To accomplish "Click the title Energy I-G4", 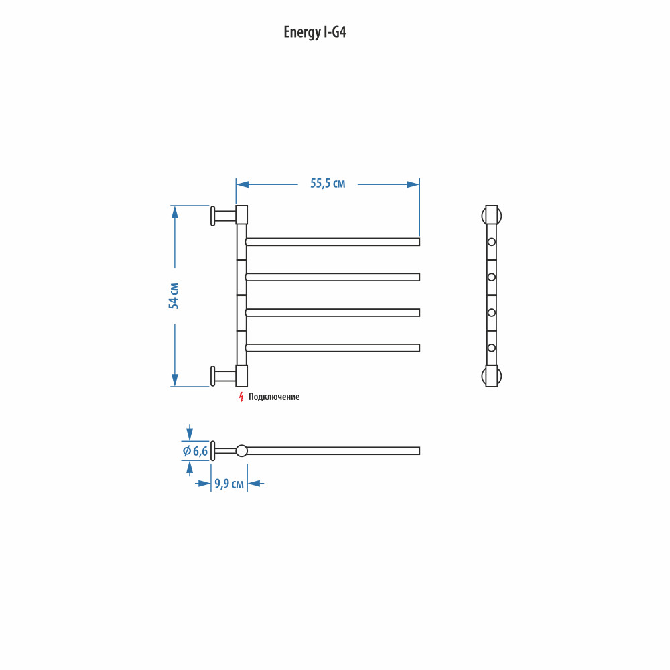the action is (x=315, y=32).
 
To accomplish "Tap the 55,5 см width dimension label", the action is (x=328, y=184).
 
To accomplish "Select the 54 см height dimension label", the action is (x=174, y=295).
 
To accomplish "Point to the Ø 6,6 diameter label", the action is (x=195, y=451).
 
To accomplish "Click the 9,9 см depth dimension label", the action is (x=229, y=484).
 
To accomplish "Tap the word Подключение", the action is (x=274, y=397).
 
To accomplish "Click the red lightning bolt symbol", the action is (x=241, y=397).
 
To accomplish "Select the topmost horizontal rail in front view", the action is (x=332, y=242).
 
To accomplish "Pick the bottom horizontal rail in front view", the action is (x=332, y=348).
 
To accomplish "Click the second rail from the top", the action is (x=332, y=277).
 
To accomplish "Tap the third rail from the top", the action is (x=332, y=313).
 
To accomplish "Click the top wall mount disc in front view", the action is (x=213, y=216).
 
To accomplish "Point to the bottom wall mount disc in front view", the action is (x=213, y=377).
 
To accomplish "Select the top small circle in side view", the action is (x=491, y=242).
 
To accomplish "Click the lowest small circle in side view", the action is (x=491, y=348).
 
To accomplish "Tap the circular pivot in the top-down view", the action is (x=241, y=451).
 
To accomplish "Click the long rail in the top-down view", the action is (x=333, y=451).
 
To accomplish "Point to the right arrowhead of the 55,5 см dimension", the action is (x=413, y=185).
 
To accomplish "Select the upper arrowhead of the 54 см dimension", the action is (x=174, y=212).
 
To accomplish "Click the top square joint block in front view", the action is (x=241, y=215).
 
